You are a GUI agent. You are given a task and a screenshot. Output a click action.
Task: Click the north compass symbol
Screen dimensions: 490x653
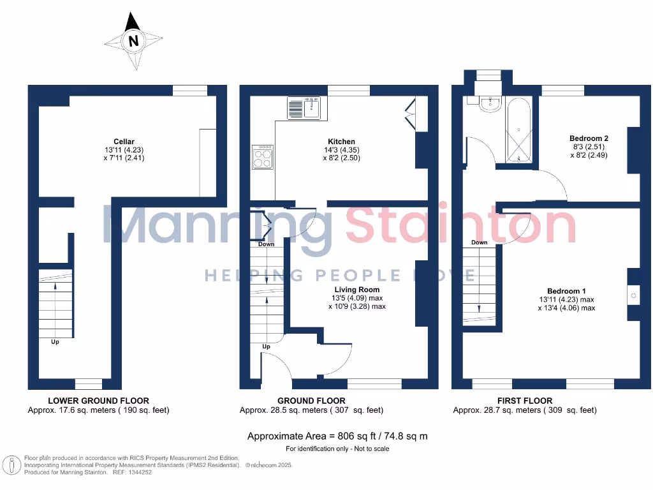(133, 41)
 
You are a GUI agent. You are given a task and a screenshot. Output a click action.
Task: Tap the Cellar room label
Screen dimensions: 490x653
(124, 142)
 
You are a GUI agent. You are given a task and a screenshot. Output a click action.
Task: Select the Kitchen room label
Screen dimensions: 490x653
(341, 142)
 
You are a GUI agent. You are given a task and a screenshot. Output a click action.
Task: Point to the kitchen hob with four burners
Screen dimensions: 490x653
(262, 157)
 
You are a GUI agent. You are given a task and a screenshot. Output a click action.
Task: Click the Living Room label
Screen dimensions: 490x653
(348, 289)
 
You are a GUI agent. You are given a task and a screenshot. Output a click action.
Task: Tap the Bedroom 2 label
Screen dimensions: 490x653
(589, 138)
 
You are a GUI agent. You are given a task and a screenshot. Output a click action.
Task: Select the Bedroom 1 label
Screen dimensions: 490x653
(566, 291)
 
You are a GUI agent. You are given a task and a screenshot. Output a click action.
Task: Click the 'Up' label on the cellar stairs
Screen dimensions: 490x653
(55, 343)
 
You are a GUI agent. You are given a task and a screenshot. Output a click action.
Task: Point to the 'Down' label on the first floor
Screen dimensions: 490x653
(480, 242)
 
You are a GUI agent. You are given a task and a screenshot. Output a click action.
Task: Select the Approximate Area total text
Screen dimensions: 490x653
(337, 436)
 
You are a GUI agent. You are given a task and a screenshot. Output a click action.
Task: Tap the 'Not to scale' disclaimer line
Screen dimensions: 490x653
(337, 449)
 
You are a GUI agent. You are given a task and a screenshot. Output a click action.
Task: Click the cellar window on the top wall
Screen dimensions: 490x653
(189, 91)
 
